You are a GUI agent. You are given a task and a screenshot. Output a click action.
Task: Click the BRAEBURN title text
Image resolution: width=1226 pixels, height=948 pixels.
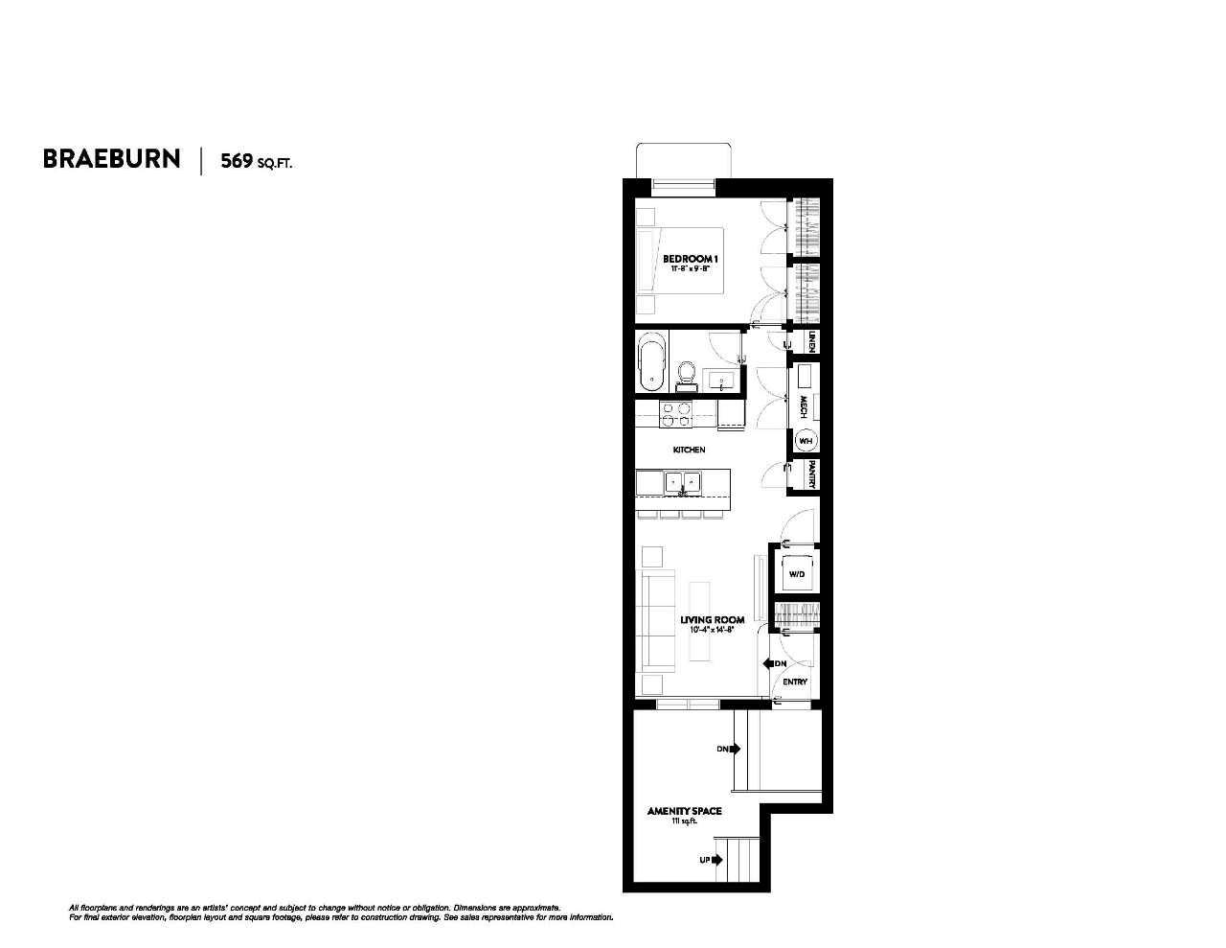(x=111, y=159)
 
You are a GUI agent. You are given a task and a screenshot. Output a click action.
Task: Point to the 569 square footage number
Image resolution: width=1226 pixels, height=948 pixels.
(x=237, y=160)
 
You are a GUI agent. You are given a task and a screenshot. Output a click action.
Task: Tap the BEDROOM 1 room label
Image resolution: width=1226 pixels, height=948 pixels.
(x=690, y=259)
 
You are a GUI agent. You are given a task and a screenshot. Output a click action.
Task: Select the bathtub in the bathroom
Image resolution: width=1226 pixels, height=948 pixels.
(x=652, y=361)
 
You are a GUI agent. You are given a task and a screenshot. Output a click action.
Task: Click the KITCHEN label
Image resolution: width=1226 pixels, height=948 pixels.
(x=689, y=450)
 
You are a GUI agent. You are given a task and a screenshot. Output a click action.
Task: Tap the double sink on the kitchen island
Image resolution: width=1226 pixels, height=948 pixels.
(x=683, y=482)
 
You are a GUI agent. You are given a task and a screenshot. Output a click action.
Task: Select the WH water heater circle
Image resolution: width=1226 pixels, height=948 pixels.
(x=806, y=441)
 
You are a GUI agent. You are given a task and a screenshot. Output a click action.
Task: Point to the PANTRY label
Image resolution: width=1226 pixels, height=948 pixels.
(x=810, y=474)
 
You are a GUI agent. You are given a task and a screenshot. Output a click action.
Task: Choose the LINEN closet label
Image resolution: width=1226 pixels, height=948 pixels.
(x=811, y=341)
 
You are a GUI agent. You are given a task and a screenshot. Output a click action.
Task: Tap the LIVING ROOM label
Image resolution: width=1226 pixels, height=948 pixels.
(x=712, y=620)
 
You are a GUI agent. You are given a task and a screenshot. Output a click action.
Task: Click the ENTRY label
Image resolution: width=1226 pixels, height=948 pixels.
(x=795, y=682)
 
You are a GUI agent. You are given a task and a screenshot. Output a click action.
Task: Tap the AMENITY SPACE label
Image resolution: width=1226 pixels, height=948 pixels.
(x=684, y=811)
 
